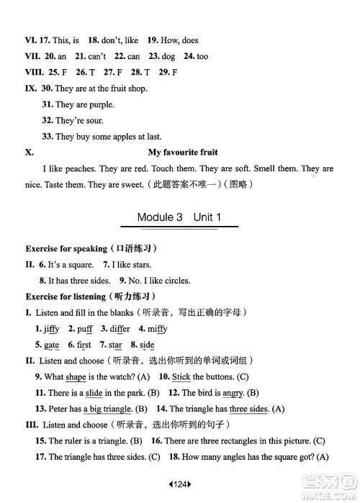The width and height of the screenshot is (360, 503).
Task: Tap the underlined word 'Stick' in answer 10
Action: coord(181,376)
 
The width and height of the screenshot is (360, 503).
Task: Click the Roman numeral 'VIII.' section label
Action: coord(33,73)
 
